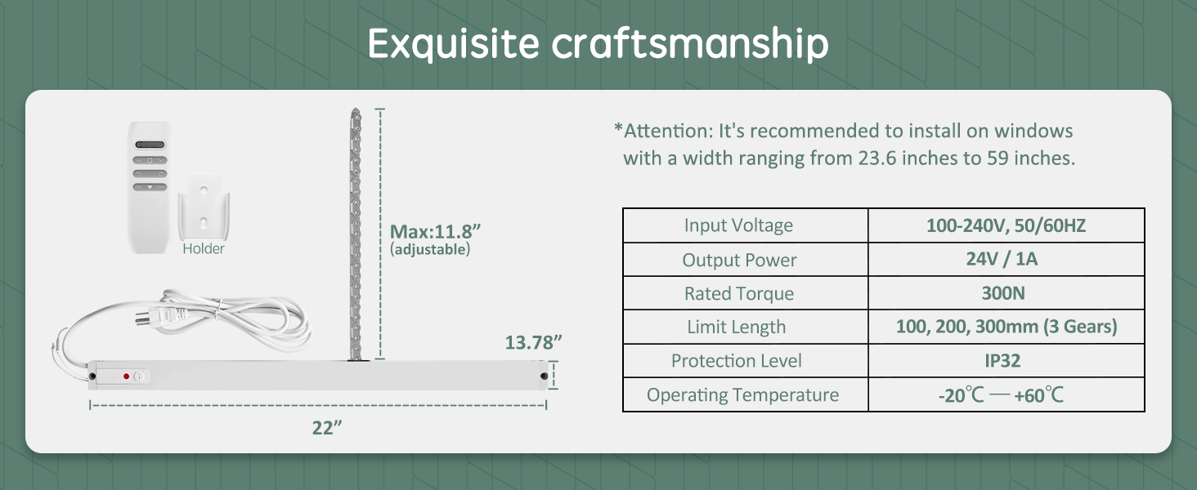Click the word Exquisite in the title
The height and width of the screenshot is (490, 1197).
pos(454,44)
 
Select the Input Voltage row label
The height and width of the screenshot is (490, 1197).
pos(738,225)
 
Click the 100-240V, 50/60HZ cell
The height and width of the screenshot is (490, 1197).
pos(1006,225)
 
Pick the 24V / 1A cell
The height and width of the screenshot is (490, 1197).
pos(1002,259)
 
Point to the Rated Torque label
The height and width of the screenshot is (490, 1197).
pos(739,293)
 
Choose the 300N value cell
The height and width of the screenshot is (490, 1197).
pos(1003,293)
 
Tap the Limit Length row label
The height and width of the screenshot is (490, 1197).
pos(737,327)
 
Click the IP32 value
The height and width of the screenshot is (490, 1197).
pos(1002,361)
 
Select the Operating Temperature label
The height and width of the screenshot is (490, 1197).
pos(742,395)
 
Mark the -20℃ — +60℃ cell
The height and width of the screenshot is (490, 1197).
pos(1001,395)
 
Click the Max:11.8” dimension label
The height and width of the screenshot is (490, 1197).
pos(435,232)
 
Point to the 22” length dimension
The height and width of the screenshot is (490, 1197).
pos(326,428)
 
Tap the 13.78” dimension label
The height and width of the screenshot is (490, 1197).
pos(533,343)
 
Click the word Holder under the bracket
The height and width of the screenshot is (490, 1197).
pos(204,249)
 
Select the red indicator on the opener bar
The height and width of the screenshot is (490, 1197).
pos(126,376)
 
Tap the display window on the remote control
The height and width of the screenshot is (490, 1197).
pos(150,145)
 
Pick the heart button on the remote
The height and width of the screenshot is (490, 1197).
pos(150,187)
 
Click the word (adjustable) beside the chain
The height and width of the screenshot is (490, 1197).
pos(429,250)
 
